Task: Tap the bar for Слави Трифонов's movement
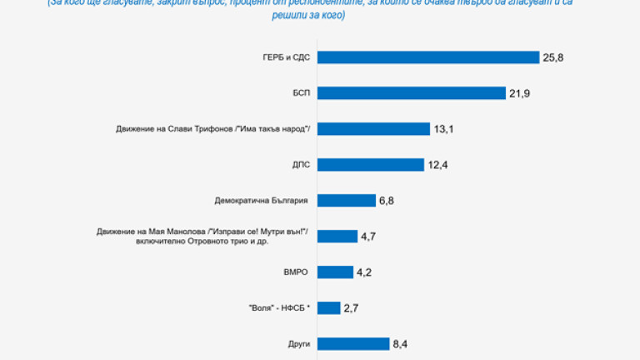(373, 129)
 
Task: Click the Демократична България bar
(347, 201)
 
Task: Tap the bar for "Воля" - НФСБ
(328, 307)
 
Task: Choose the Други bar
(353, 343)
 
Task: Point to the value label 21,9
(520, 93)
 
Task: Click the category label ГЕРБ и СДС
(286, 57)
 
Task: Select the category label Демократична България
(261, 201)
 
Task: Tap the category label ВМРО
(296, 272)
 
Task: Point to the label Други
(297, 343)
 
